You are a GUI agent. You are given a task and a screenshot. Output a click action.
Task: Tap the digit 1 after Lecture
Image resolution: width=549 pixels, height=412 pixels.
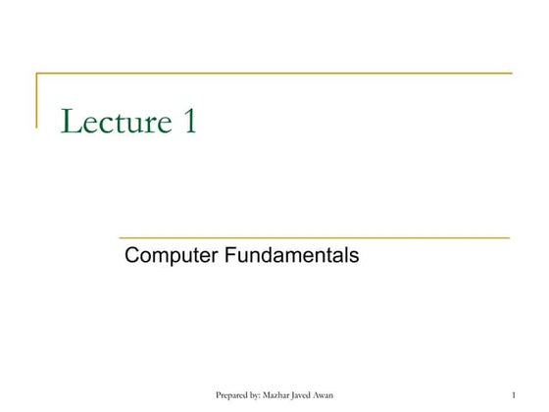(x=188, y=122)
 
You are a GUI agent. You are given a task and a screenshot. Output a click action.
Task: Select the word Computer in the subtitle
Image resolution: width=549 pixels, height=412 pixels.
(x=172, y=257)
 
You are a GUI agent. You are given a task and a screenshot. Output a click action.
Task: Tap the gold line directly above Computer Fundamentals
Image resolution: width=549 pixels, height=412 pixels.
(x=314, y=237)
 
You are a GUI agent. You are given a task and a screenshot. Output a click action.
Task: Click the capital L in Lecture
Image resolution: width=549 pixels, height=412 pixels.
(x=71, y=122)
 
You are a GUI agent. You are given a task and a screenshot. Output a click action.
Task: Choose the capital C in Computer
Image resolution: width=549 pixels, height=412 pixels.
(x=132, y=256)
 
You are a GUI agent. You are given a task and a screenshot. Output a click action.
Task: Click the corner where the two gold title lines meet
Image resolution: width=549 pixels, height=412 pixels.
(x=37, y=74)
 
